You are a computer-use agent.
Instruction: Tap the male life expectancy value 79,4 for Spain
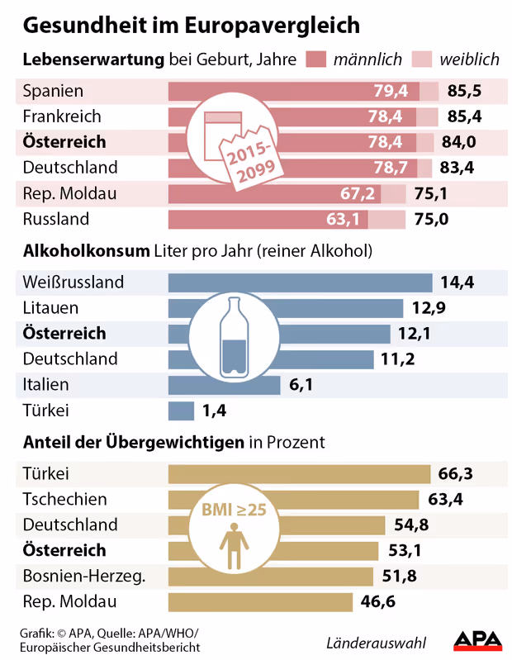point(392,90)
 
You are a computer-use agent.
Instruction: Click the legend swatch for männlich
point(316,59)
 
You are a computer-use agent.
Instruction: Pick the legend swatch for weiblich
point(421,59)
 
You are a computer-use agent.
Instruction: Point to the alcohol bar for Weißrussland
point(300,283)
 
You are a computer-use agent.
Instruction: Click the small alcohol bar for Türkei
point(181,411)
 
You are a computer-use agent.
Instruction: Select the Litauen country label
point(50,308)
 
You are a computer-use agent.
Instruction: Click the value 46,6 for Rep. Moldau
point(378,602)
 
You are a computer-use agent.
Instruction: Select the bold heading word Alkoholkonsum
point(86,250)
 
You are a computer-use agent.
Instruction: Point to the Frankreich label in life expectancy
point(62,116)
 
